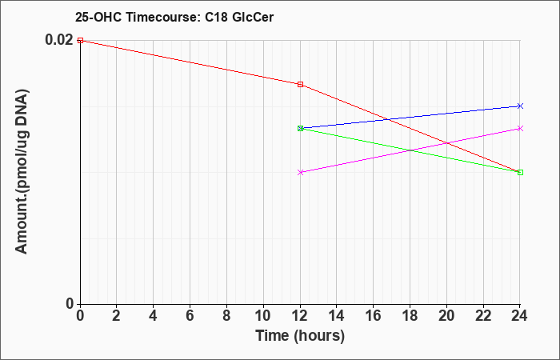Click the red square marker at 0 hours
click(80, 40)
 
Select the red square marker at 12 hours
click(300, 84)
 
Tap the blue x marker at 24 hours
click(520, 106)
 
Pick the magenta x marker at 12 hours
click(300, 172)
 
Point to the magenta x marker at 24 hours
click(520, 128)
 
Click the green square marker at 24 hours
click(520, 173)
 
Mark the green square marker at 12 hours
click(300, 128)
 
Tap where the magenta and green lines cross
click(410, 150)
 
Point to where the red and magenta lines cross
click(447, 143)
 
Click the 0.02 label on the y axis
click(59, 40)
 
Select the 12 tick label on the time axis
click(300, 316)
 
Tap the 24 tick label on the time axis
click(520, 316)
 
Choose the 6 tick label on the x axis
click(190, 316)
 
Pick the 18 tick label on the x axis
click(410, 316)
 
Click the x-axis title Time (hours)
click(300, 336)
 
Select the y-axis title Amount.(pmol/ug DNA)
click(22, 171)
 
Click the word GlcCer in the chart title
click(253, 17)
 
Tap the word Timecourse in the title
click(164, 17)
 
